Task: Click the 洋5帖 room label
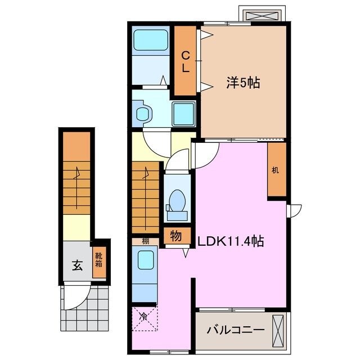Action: coord(243,83)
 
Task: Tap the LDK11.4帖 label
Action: coord(231,241)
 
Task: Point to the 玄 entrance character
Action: coord(77,265)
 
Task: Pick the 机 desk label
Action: coord(276,170)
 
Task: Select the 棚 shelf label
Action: coord(145,242)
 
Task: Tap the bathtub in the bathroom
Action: coord(151,41)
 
